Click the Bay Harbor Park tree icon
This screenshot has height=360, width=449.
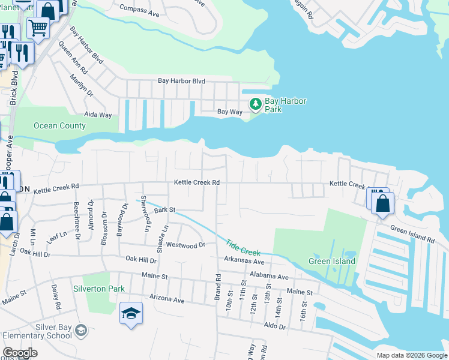tap(256, 104)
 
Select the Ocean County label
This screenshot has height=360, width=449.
tap(59, 126)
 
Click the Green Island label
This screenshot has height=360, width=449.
tap(332, 261)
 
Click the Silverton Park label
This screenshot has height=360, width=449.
tap(99, 289)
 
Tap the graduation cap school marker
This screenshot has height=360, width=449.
tap(131, 313)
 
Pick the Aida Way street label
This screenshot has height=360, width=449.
tap(98, 115)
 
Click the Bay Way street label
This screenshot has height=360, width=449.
tap(229, 112)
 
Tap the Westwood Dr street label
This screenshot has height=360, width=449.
tap(185, 245)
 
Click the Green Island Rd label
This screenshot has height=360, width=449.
tap(412, 234)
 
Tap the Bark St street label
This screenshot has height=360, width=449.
tap(164, 210)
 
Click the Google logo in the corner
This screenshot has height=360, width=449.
tap(20, 353)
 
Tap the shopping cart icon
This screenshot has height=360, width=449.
tap(37, 26)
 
